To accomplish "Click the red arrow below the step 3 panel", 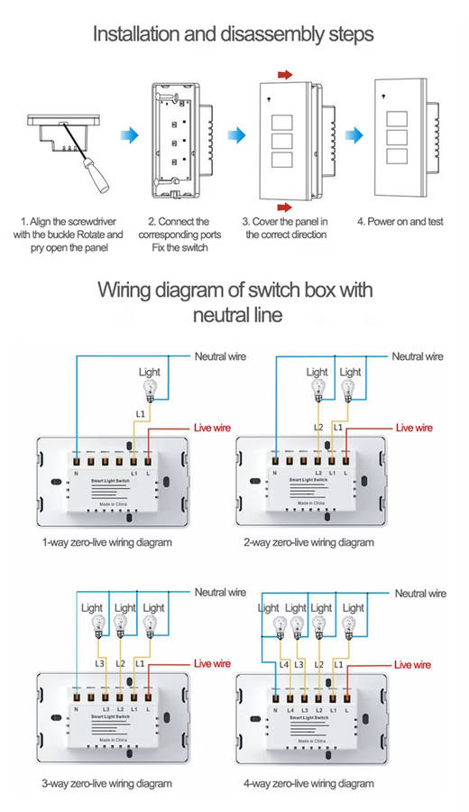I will (285, 207).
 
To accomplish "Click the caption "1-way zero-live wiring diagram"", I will (106, 543).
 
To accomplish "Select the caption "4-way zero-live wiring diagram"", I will (308, 783).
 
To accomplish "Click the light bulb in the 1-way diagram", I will (151, 391).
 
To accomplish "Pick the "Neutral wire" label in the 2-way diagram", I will (417, 357).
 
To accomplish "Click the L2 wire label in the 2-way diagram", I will (318, 426).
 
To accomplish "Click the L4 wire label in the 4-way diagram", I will (285, 664).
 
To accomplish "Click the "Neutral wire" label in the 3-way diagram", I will (220, 593).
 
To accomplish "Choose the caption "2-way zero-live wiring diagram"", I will (308, 543).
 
